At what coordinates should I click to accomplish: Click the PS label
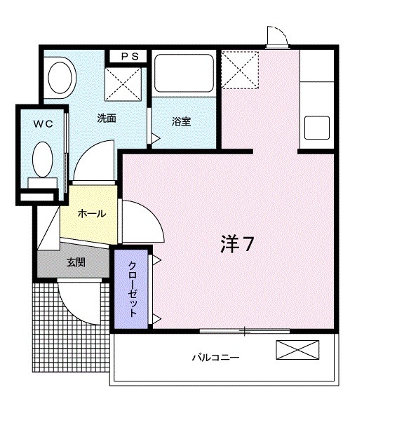128,56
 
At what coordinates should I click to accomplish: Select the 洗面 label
107,118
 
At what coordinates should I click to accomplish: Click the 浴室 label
182,122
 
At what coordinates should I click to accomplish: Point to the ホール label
92,213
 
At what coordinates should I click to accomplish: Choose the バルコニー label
216,358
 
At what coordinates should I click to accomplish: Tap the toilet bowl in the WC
42,160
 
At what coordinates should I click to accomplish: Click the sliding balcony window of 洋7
245,330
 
